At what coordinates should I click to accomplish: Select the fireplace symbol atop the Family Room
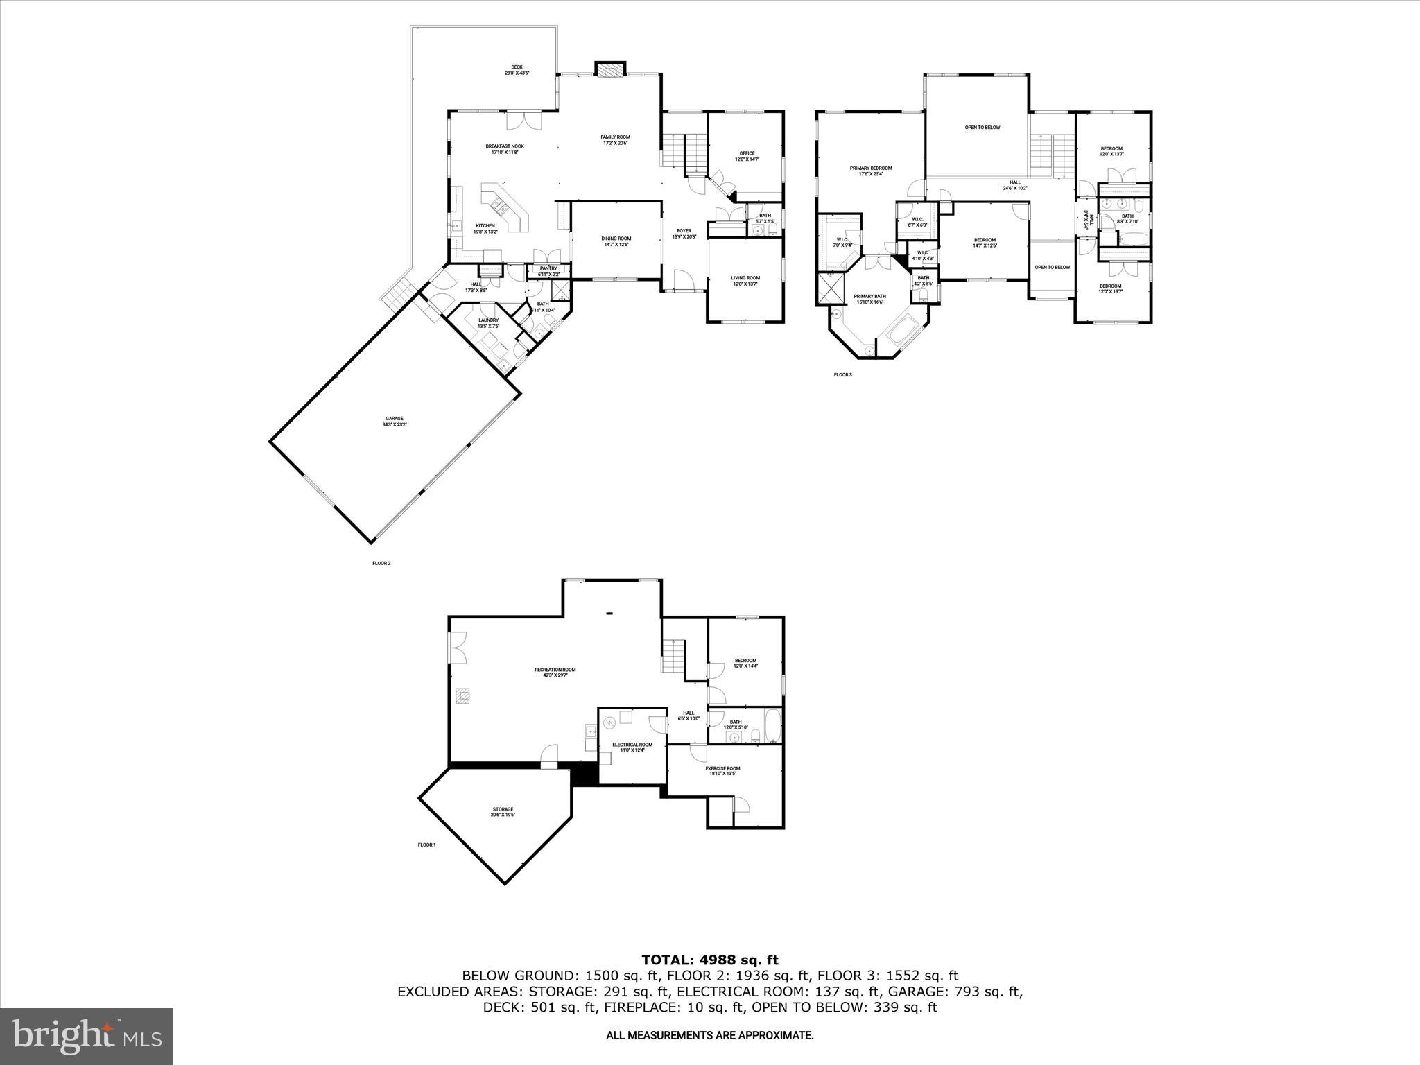(610, 71)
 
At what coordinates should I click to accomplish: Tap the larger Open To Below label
(982, 128)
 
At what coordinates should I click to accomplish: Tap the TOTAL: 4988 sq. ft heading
(709, 960)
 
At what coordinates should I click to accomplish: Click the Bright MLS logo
(87, 1036)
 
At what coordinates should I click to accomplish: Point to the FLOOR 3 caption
(842, 375)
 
